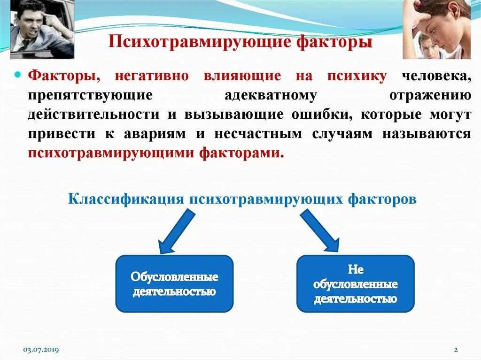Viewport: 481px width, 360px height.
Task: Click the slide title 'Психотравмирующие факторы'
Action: tap(240, 43)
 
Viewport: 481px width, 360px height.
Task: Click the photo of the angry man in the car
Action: tap(42, 29)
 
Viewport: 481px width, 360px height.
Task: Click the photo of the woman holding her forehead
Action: tap(436, 29)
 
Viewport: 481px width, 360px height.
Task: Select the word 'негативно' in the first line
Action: tap(151, 76)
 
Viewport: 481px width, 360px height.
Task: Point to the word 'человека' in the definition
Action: tap(436, 76)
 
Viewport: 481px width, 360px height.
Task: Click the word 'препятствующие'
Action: tap(90, 95)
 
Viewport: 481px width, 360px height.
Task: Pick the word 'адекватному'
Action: tap(270, 95)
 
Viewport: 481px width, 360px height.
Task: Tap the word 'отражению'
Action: tap(430, 95)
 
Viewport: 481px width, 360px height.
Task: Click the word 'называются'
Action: tap(426, 134)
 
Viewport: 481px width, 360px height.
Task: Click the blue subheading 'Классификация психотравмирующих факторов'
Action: tap(242, 199)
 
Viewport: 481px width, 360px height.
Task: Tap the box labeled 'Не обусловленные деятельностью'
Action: tap(356, 284)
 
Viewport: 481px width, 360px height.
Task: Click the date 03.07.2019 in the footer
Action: tap(41, 350)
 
